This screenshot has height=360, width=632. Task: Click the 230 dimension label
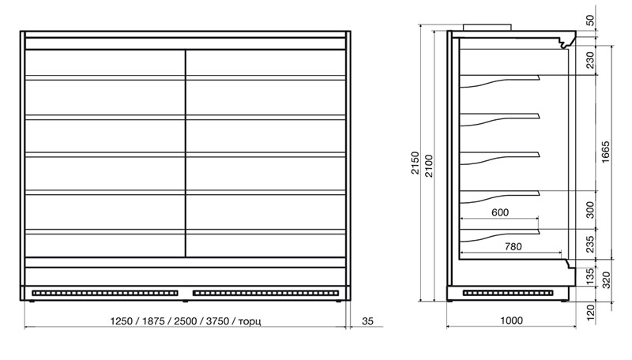click(590, 61)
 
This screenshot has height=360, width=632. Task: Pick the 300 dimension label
click(590, 209)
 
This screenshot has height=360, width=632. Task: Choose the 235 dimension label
click(590, 245)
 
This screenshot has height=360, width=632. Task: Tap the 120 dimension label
click(591, 312)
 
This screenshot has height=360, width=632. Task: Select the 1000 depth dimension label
click(512, 321)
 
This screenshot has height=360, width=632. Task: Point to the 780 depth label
click(513, 247)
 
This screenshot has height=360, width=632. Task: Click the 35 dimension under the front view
click(367, 321)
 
